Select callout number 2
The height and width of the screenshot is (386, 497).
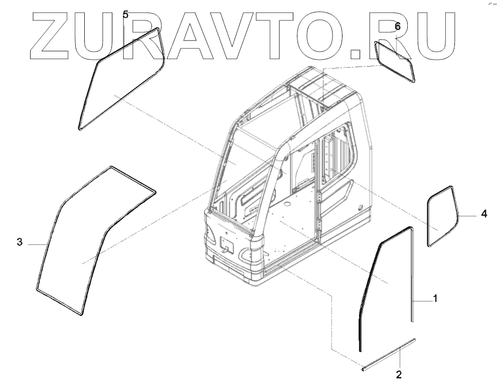pos(399,373)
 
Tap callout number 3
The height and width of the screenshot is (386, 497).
pos(20,243)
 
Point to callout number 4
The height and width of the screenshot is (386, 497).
pos(483,214)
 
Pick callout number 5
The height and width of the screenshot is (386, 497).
pos(125,15)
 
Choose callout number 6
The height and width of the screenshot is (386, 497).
pos(398,26)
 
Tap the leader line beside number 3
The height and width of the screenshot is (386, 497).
pos(36,243)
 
